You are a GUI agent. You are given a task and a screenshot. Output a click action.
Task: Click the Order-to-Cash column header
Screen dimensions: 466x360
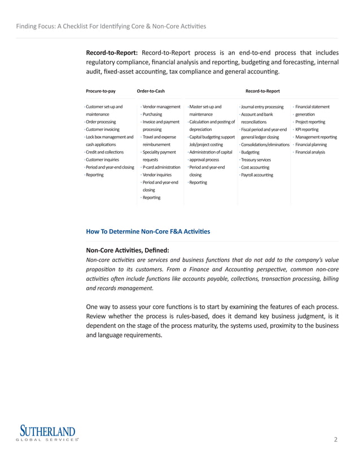tap(151, 91)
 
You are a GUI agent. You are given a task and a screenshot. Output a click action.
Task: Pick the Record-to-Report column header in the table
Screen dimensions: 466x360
tap(262, 91)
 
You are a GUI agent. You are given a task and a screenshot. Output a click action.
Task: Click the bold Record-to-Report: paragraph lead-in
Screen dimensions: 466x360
tap(111, 52)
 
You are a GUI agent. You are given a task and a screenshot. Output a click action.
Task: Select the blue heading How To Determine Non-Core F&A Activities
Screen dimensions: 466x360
tap(147, 231)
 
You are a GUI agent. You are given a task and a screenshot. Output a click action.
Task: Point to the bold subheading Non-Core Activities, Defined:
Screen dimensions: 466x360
tap(127, 250)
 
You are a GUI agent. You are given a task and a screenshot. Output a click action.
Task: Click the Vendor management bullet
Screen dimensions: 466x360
tap(161, 107)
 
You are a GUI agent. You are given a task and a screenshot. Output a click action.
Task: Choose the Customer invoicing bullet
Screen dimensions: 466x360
tap(102, 129)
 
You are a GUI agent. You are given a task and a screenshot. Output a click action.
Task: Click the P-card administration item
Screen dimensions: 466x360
tap(161, 168)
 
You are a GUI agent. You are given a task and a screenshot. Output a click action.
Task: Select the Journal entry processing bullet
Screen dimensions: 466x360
tap(262, 107)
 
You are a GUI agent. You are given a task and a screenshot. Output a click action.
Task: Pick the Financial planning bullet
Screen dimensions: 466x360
tap(311, 144)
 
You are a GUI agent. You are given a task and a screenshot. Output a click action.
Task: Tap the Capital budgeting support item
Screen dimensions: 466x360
tap(212, 137)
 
